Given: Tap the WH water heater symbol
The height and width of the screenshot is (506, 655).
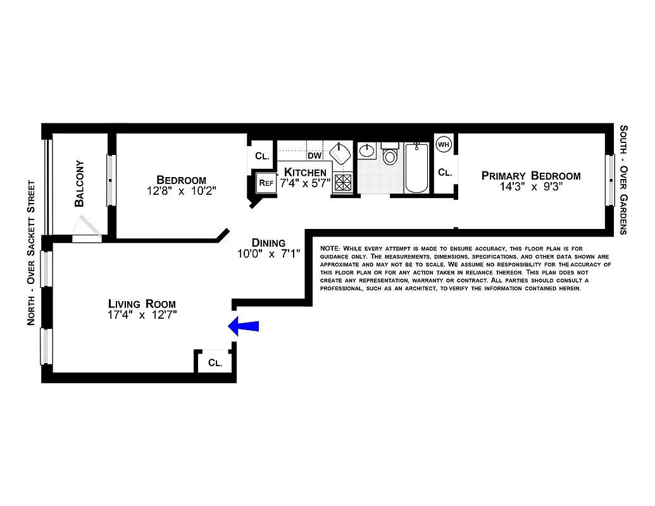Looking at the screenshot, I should pos(443,144).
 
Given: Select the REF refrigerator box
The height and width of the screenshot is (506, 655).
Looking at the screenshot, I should pos(265,183).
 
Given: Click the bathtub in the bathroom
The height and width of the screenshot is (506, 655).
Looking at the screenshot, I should pos(416,168).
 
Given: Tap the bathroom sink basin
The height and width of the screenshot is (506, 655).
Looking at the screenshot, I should pos(367,152).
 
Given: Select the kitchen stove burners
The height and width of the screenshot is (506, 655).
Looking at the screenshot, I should pos(343,183).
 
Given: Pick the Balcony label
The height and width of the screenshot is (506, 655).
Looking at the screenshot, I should pos(80,183).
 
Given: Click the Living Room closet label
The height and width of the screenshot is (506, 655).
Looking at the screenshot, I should pos(215,363).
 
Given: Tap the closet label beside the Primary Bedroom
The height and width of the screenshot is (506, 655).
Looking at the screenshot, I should pos(445,172).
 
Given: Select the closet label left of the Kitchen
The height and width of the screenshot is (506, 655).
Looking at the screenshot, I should pos(261,156).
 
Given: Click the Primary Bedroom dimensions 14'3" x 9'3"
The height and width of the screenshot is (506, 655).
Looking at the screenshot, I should pos(531,187).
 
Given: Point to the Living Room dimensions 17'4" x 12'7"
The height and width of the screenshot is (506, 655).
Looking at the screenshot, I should pos(142,315).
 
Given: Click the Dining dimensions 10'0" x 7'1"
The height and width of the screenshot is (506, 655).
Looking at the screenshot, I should pos(268,254).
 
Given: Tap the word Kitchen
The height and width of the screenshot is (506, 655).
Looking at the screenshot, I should pos(305,172).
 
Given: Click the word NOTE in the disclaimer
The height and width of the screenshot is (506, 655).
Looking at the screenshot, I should pos(330,247).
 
